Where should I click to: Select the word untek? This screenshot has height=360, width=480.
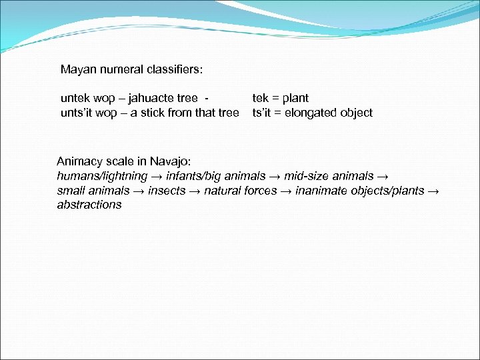click(x=75, y=98)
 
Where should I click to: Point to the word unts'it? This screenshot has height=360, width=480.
click(x=77, y=113)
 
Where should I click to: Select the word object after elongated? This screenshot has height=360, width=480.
click(x=355, y=113)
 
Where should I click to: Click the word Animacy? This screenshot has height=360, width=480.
click(x=79, y=161)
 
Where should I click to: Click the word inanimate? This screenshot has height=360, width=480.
click(x=319, y=191)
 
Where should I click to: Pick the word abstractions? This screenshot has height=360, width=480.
click(x=89, y=205)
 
